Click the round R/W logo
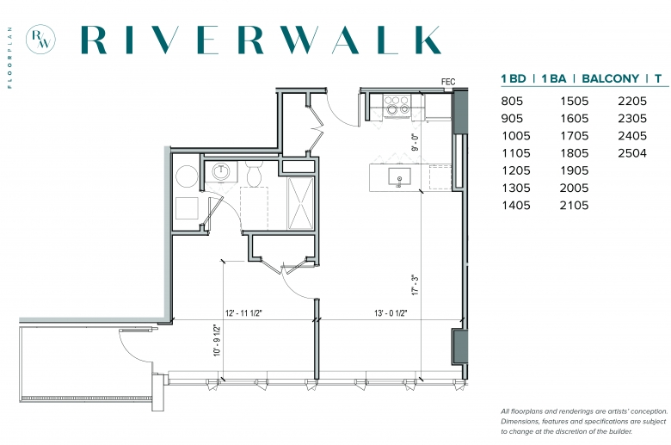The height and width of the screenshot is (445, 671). (40, 40)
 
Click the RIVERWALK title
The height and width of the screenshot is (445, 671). (261, 40)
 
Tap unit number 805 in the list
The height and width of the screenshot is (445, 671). (512, 101)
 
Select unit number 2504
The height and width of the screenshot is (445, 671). (632, 153)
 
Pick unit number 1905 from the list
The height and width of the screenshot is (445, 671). (575, 170)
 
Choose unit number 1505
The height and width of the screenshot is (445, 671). (575, 101)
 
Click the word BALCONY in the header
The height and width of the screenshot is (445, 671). (610, 79)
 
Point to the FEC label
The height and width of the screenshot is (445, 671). (448, 82)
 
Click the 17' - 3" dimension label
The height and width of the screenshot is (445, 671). (415, 285)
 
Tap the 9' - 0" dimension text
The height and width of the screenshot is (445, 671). (415, 143)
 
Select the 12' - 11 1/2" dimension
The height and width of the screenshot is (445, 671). (243, 313)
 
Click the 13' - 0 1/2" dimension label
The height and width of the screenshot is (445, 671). (391, 313)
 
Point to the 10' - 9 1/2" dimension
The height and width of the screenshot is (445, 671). (218, 341)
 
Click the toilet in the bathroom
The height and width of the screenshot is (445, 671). (254, 174)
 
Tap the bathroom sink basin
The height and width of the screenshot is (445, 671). (221, 172)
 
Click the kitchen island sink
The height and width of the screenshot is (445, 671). (399, 176)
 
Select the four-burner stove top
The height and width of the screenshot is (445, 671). (397, 105)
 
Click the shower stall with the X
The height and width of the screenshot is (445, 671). (301, 203)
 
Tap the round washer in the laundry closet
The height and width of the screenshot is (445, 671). (187, 176)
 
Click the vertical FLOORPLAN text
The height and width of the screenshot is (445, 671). (9, 58)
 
